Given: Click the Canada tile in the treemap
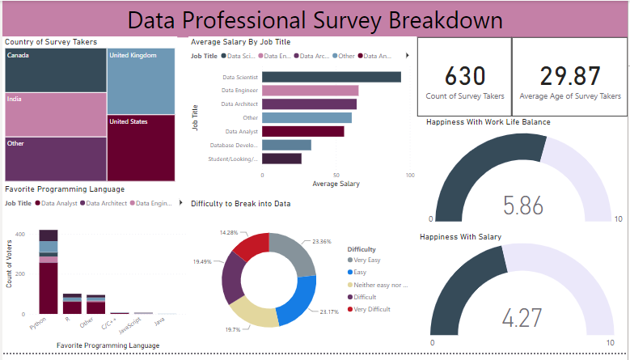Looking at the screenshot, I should pyautogui.click(x=55, y=70).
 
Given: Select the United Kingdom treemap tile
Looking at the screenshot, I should pyautogui.click(x=141, y=81).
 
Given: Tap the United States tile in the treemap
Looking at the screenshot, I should pyautogui.click(x=141, y=148).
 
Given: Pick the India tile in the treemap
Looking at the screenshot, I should pyautogui.click(x=55, y=114).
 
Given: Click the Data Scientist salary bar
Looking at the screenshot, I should pyautogui.click(x=332, y=77).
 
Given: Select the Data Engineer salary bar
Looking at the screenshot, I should pyautogui.click(x=311, y=91).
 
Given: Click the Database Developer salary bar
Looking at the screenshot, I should pyautogui.click(x=287, y=145).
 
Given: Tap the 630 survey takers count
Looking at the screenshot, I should pyautogui.click(x=465, y=77).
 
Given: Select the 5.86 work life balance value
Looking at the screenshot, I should pyautogui.click(x=522, y=205).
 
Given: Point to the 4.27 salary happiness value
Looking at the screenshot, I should pyautogui.click(x=522, y=317).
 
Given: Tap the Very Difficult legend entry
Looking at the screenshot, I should pyautogui.click(x=370, y=310).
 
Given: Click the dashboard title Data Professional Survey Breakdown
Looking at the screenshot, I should pyautogui.click(x=315, y=19).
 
